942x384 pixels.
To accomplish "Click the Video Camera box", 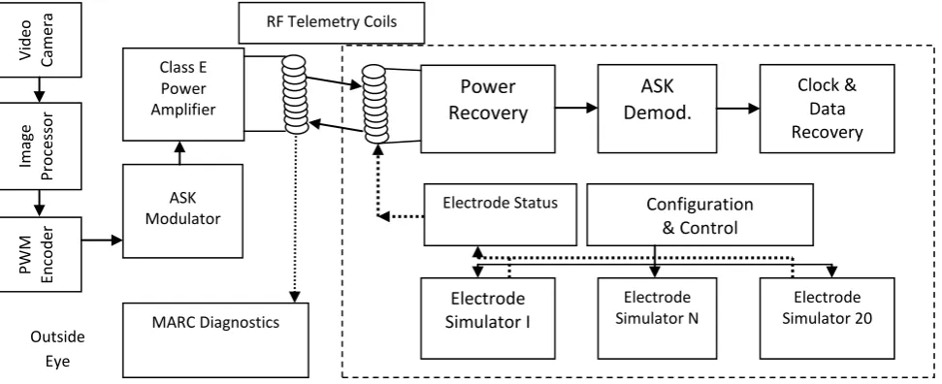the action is point(40,40).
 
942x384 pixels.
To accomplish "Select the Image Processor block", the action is point(40,146).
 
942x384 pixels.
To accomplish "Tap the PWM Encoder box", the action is point(40,254).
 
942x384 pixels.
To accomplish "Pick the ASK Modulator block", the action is point(183,211).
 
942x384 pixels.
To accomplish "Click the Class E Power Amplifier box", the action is point(183,94).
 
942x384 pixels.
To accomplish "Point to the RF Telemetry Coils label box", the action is point(332,23).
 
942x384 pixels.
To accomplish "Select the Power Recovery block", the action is point(488,109).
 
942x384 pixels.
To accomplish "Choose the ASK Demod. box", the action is point(657,109).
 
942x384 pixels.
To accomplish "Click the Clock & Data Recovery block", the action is point(828,109).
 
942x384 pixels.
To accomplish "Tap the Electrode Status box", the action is point(501,214).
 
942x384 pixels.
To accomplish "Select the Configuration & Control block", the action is point(699,214).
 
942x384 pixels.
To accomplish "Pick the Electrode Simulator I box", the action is point(488,318).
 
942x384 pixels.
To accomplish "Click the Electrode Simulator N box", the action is point(657,318).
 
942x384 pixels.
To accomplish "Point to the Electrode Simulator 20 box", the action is point(828,318).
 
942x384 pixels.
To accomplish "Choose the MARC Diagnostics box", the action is point(215,340).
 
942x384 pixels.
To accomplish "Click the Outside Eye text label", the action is point(57,349).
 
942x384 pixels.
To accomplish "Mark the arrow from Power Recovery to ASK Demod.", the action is point(576,108).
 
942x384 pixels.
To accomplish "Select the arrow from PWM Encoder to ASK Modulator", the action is point(102,240).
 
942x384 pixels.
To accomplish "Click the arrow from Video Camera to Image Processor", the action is point(39,90).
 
